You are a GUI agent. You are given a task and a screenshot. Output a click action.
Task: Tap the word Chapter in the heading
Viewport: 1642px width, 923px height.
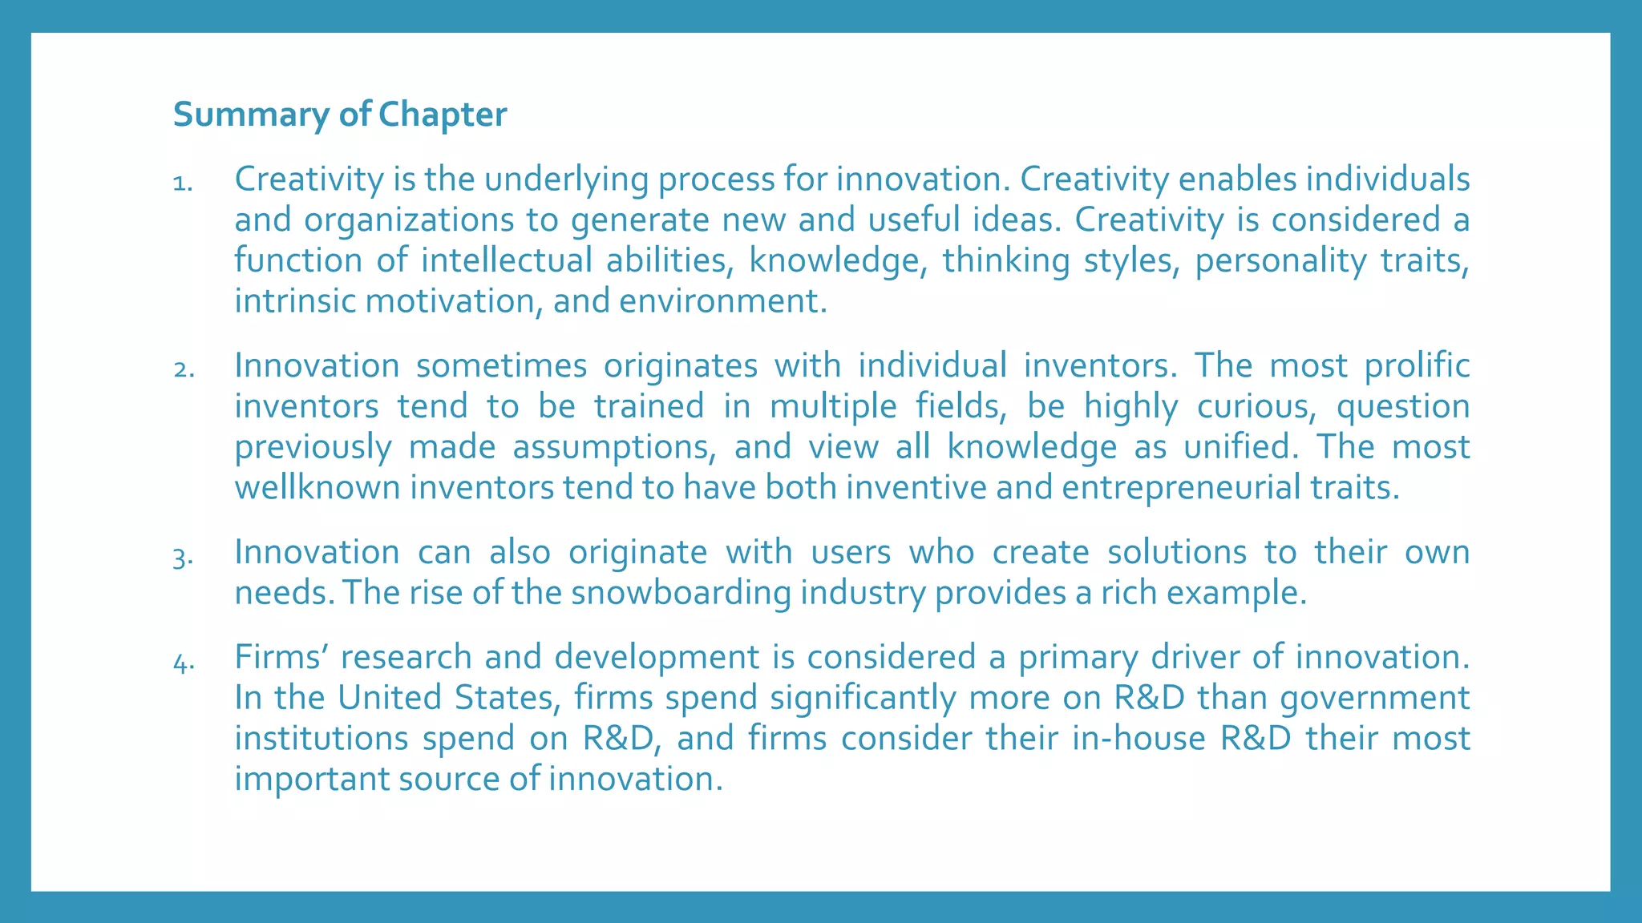coord(443,115)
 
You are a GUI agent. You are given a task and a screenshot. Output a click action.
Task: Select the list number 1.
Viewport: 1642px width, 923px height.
coord(182,184)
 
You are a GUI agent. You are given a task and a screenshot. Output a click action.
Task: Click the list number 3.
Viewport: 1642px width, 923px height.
coord(183,557)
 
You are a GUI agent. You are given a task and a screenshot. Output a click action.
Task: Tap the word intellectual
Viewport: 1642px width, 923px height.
coord(507,261)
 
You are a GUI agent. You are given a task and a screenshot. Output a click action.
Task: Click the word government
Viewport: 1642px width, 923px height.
coord(1374,698)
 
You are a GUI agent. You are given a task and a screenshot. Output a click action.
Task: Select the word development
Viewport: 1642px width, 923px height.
coord(657,658)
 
